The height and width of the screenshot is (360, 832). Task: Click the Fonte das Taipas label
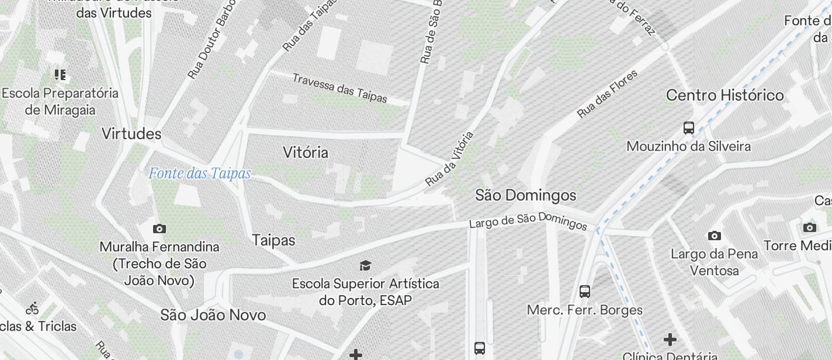pos(199,174)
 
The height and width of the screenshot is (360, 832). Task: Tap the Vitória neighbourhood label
pos(305,153)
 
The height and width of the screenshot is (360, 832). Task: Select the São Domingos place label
pos(525,195)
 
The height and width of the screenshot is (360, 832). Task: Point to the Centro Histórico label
pos(724,95)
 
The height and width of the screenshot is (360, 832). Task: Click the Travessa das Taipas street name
pos(339,88)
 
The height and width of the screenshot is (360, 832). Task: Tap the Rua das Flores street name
pos(607,94)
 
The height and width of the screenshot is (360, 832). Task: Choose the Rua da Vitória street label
pos(449,158)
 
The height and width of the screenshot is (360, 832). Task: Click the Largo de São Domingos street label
pos(528,221)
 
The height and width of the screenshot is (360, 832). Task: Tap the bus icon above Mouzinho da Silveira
pos(689,128)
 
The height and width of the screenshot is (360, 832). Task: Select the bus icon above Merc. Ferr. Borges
pos(585,292)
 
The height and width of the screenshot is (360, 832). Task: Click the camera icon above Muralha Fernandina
pos(159,229)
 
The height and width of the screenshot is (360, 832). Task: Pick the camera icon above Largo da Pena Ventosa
pos(714,236)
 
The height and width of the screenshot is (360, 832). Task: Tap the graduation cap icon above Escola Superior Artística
pos(365,266)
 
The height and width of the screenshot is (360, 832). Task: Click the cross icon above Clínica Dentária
pos(670,339)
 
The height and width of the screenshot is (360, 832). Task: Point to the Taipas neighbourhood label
pos(273,240)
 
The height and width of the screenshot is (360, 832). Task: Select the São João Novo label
pos(213,315)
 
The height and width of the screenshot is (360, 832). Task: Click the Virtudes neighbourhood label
pos(131,134)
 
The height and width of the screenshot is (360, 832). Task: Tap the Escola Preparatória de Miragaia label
pos(60,101)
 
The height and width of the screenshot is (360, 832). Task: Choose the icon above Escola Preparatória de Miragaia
pos(60,75)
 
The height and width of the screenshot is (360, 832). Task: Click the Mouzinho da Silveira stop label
pos(688,146)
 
